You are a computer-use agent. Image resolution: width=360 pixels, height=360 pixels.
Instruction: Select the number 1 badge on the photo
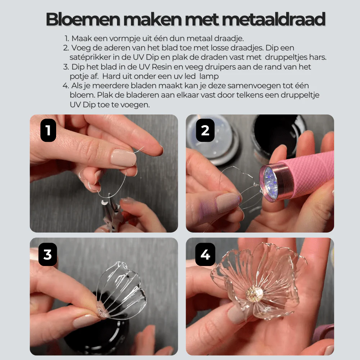tap(48, 131)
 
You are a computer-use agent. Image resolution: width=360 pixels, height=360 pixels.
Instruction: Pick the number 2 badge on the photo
tap(205, 130)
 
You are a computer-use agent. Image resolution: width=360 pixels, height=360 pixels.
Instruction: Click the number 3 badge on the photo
tap(48, 254)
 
